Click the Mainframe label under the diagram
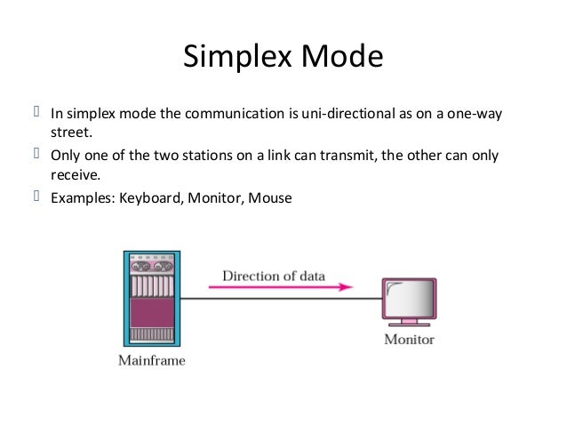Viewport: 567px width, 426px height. [x=151, y=361]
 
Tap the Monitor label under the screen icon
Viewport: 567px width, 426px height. [x=408, y=339]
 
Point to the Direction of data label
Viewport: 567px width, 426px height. [x=273, y=276]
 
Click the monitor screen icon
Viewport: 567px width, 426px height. [x=409, y=299]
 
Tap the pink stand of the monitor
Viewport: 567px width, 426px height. [x=409, y=322]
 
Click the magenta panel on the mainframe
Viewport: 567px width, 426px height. [x=150, y=312]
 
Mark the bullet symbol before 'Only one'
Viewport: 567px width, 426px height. [x=37, y=156]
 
